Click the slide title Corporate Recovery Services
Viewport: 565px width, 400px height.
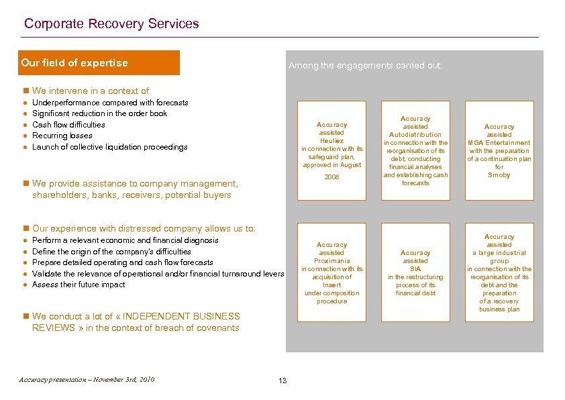pos(111,23)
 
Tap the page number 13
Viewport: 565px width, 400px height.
pos(282,381)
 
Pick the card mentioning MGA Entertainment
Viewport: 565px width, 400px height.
pos(499,150)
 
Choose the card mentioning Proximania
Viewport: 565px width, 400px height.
pos(331,273)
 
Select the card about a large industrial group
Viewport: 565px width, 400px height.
pos(499,273)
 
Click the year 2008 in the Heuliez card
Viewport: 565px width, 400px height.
pos(331,177)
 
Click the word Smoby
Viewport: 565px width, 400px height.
pos(499,175)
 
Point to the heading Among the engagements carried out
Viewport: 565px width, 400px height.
pos(365,66)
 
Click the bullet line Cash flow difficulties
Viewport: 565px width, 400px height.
pos(68,125)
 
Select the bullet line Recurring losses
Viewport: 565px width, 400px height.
pos(62,136)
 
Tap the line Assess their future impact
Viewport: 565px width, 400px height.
pos(79,285)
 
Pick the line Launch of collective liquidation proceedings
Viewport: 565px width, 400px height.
pos(110,147)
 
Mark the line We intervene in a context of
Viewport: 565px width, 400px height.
pos(91,91)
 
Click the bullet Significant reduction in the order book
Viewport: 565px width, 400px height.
pos(99,113)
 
